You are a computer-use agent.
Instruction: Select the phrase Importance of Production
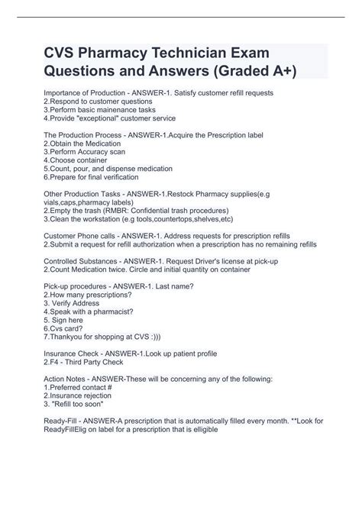(83, 93)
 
